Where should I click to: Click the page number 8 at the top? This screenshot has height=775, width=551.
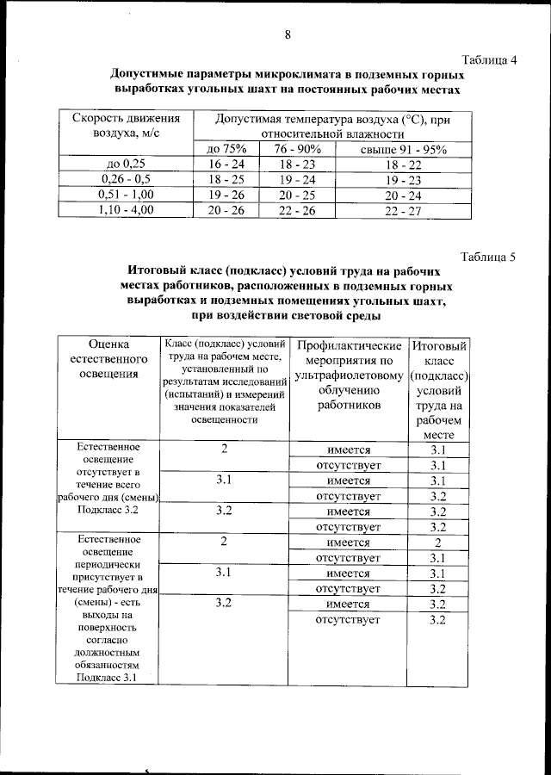pyautogui.click(x=288, y=34)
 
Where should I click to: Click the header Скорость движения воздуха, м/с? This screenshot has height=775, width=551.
pyautogui.click(x=126, y=125)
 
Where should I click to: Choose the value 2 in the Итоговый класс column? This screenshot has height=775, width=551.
pyautogui.click(x=437, y=542)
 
